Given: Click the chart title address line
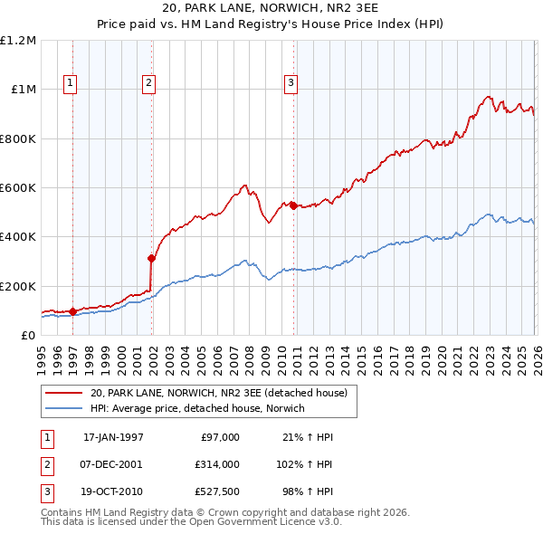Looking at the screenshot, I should pyautogui.click(x=271, y=8).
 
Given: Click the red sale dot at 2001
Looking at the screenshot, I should pyautogui.click(x=151, y=258).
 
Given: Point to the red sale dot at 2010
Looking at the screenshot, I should pyautogui.click(x=294, y=205).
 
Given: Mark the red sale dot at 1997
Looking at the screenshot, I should pyautogui.click(x=72, y=311).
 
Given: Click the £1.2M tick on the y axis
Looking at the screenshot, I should pyautogui.click(x=18, y=41).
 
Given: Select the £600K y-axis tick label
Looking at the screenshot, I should pyautogui.click(x=18, y=188).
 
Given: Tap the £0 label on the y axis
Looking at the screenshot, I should pyautogui.click(x=27, y=335).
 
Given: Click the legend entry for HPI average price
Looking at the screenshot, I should pyautogui.click(x=197, y=408).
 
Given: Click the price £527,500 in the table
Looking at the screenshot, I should pyautogui.click(x=217, y=493).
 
